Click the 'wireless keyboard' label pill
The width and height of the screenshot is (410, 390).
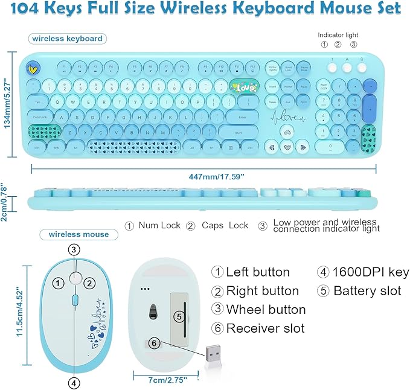pos(66,39)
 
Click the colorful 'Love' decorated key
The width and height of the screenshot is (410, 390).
pos(245,88)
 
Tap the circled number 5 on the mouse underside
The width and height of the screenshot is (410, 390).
pos(178,315)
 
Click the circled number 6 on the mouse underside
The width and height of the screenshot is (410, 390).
pos(155,342)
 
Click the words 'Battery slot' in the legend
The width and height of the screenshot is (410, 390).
pos(367,290)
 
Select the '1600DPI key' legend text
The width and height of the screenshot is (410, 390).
pos(371,272)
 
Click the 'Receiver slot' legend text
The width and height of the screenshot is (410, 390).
pos(265,328)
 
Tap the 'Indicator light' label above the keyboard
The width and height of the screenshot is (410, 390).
pos(339,34)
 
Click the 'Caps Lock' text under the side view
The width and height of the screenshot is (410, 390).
pos(225,225)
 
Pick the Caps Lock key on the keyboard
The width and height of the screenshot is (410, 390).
pos(40,117)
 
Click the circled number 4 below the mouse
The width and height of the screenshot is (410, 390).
pos(74,382)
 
